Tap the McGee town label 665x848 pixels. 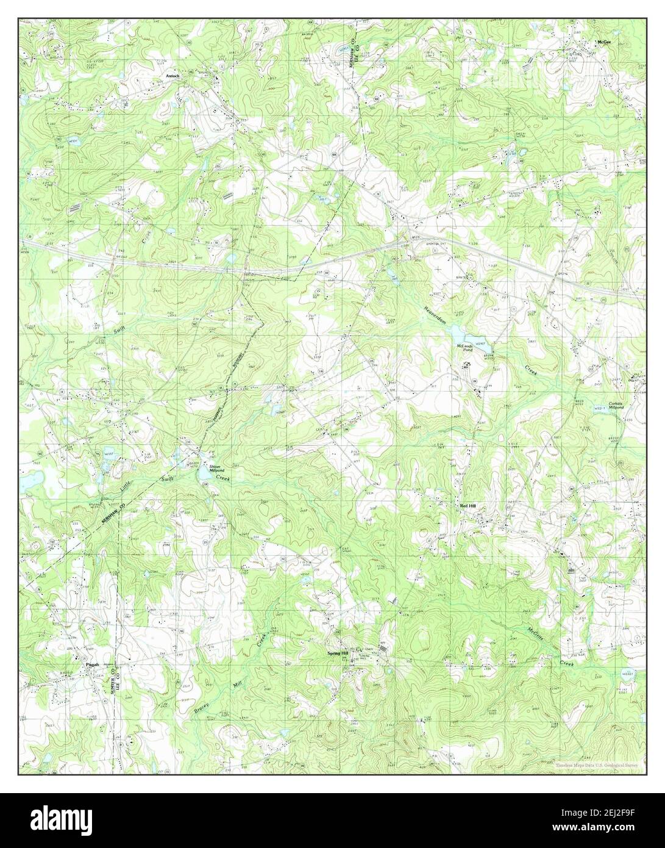603,43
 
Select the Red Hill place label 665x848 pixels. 468,506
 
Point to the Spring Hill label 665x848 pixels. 338,653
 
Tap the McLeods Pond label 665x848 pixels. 465,348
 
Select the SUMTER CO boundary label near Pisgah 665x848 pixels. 113,679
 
